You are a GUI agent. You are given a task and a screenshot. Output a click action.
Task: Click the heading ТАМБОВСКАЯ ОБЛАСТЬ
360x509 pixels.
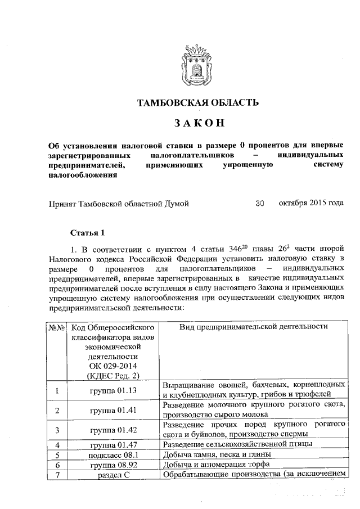coord(198,102)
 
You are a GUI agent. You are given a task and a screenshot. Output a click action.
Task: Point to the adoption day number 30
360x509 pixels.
coord(259,204)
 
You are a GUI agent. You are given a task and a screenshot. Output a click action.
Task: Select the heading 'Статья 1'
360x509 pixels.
coord(87,232)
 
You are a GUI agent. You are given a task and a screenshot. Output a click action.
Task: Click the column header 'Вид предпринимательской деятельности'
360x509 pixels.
coord(254,327)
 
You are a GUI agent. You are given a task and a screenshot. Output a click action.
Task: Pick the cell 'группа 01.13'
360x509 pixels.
coord(114,390)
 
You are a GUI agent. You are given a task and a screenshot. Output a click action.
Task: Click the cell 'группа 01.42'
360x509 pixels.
coord(114,430)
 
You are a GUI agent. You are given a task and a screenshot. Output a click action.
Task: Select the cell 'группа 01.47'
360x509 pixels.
coord(114,445)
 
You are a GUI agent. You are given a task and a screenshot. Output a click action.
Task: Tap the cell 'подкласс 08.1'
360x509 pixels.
coord(114,454)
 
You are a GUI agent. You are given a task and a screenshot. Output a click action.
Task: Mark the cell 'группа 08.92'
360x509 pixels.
coord(114,465)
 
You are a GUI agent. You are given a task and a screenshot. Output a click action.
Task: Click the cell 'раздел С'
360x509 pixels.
coord(114,475)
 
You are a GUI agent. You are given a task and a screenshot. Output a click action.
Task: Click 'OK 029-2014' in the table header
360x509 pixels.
coord(114,366)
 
